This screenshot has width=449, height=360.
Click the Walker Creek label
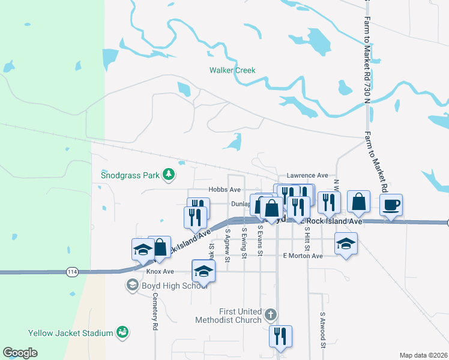pos(232,70)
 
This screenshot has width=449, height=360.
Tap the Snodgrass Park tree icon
pos(170,175)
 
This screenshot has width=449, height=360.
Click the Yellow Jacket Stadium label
pos(71,333)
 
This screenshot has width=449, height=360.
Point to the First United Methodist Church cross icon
pos(271,314)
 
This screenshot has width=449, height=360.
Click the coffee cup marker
pos(391,205)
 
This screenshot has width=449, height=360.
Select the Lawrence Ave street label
pos(307,175)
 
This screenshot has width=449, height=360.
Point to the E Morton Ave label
pos(303,256)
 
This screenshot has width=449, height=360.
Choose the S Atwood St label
pos(322,330)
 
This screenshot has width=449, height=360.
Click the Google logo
pos(20,353)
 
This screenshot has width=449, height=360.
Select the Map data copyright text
pos(423,355)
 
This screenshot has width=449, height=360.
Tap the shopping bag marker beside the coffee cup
pos(359,203)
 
